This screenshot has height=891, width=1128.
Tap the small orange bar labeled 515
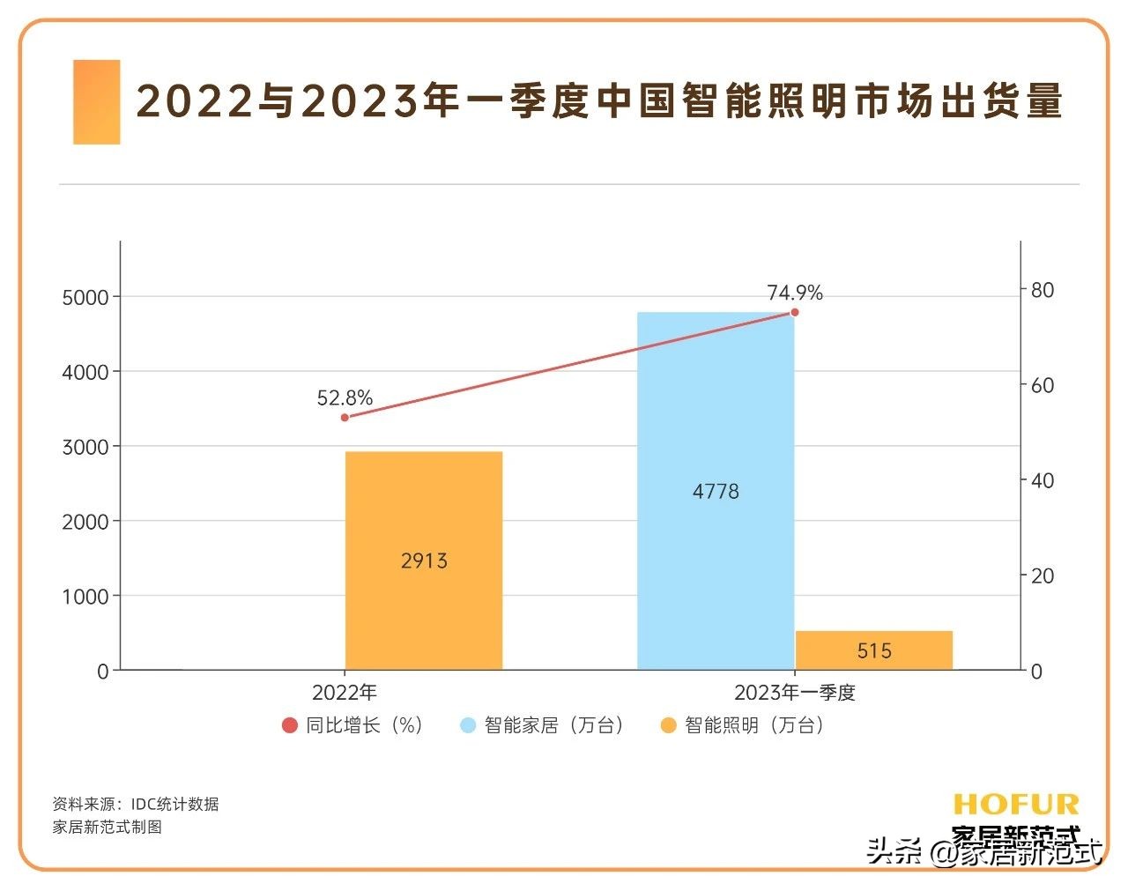click(x=873, y=650)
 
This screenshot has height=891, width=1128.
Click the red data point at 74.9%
click(x=794, y=312)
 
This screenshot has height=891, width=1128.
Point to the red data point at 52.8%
click(x=345, y=417)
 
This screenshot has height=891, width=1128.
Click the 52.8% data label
click(x=345, y=398)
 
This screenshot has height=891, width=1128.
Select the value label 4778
click(x=716, y=492)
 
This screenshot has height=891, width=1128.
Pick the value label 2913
click(x=424, y=561)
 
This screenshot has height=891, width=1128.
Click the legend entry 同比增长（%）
click(x=353, y=725)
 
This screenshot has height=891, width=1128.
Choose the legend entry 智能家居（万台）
click(x=544, y=725)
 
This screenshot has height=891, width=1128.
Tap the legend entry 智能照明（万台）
click(x=744, y=725)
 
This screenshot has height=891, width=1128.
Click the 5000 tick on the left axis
click(x=85, y=298)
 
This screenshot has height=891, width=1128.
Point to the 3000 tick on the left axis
click(x=85, y=447)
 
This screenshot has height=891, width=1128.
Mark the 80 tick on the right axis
click(x=1042, y=290)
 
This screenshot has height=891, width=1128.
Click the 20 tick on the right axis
click(x=1042, y=575)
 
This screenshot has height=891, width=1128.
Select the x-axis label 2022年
click(x=345, y=693)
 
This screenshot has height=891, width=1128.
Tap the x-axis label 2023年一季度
click(x=794, y=693)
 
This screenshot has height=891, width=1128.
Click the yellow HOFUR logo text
click(x=1015, y=804)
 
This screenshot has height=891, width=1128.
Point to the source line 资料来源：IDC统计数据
click(x=136, y=804)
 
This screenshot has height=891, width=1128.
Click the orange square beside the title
click(x=96, y=102)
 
